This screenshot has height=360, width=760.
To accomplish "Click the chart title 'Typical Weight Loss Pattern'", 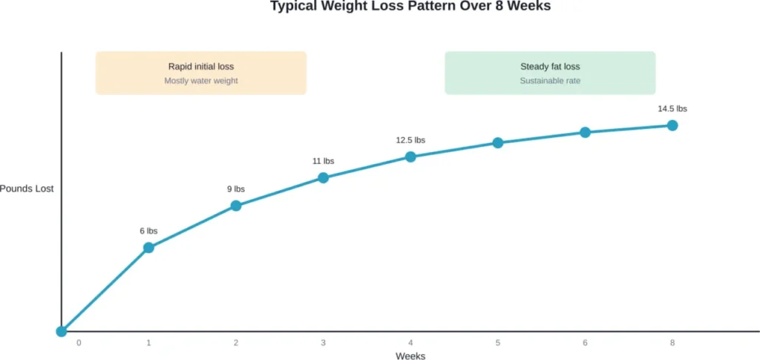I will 410,6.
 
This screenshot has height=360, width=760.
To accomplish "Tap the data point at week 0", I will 62,331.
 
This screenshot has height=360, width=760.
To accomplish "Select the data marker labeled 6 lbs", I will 148,247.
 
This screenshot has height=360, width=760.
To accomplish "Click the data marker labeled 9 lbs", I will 236,206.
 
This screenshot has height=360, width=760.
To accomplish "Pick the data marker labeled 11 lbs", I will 324,177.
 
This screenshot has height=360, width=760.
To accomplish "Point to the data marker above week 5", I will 498,143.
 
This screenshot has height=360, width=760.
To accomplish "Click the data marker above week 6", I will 585,132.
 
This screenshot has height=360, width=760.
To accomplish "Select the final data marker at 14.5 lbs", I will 672,125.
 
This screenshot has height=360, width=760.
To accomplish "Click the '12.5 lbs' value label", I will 410,140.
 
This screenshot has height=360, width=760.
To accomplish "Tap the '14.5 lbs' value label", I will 672,109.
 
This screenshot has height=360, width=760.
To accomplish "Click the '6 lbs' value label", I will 148,231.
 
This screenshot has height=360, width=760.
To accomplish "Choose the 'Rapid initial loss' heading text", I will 201,67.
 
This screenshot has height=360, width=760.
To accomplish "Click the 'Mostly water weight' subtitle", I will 201,81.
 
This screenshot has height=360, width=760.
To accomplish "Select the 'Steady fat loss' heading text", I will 550,67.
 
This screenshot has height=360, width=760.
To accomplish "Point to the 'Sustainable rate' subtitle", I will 550,81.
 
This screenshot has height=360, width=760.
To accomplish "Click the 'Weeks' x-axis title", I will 410,356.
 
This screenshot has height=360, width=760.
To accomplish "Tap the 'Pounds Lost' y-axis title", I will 27,189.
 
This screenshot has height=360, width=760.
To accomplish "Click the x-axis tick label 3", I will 324,343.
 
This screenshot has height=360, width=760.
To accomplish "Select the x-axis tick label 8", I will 672,343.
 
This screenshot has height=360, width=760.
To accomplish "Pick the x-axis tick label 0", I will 79,343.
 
